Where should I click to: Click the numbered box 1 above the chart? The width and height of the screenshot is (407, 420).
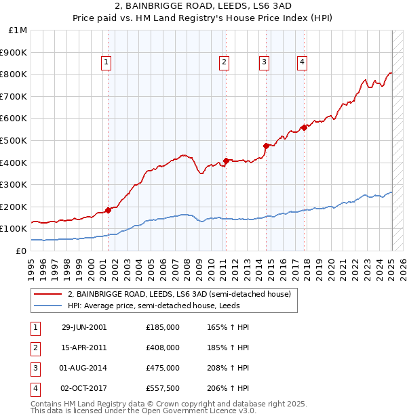[107, 63]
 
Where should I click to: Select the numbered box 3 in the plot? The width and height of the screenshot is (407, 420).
[264, 63]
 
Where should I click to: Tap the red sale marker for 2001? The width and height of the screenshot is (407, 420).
[109, 210]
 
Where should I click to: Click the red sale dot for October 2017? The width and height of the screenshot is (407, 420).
[304, 127]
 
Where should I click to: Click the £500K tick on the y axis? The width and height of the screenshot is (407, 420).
[14, 140]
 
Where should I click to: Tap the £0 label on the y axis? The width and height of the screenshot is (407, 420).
[22, 251]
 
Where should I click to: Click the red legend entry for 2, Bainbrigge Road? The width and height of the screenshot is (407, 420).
[179, 294]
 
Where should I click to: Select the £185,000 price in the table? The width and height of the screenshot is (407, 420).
[163, 327]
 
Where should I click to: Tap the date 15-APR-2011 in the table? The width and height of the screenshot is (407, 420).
[84, 348]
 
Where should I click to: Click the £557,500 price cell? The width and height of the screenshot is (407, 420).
[163, 388]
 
